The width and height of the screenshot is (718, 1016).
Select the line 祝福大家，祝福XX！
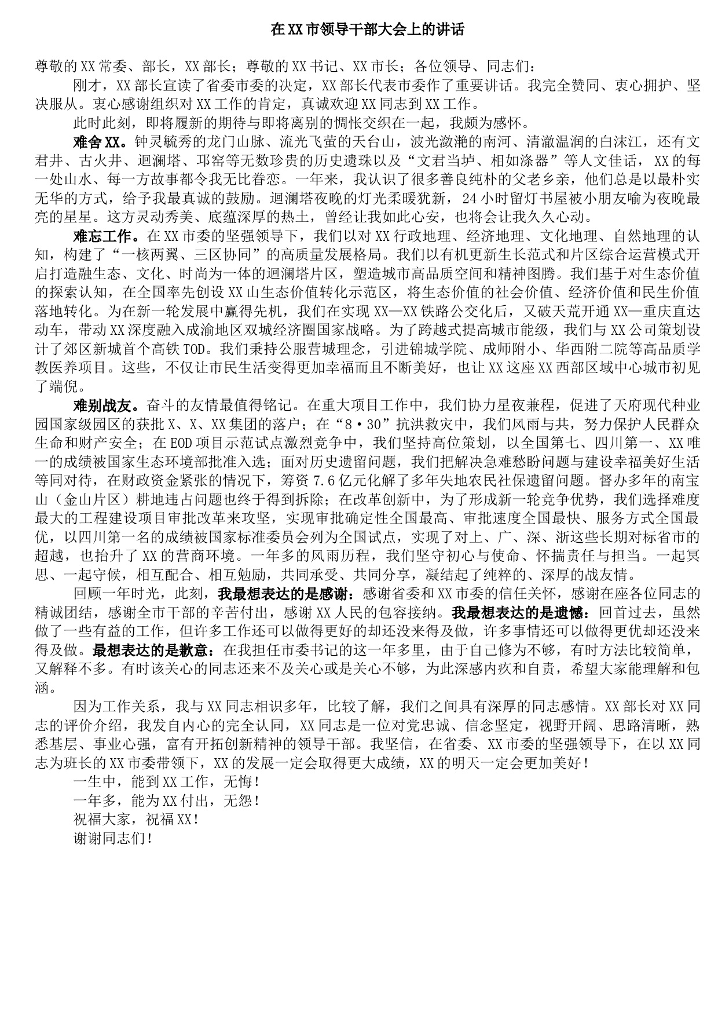[x=137, y=820]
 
